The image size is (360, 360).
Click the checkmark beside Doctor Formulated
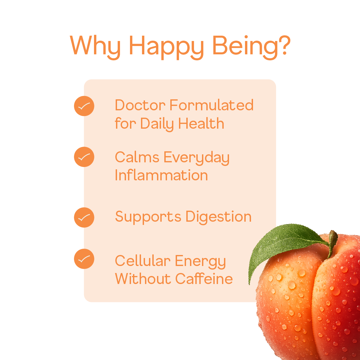84,106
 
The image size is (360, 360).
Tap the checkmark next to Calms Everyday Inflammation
84,157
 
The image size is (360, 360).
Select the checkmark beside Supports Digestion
84,217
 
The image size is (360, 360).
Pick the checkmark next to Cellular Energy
84,259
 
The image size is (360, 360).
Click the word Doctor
140,105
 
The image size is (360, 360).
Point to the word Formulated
211,105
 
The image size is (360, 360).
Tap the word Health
201,124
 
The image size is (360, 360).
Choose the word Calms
137,157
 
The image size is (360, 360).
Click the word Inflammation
161,175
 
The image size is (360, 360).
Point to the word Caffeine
204,279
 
